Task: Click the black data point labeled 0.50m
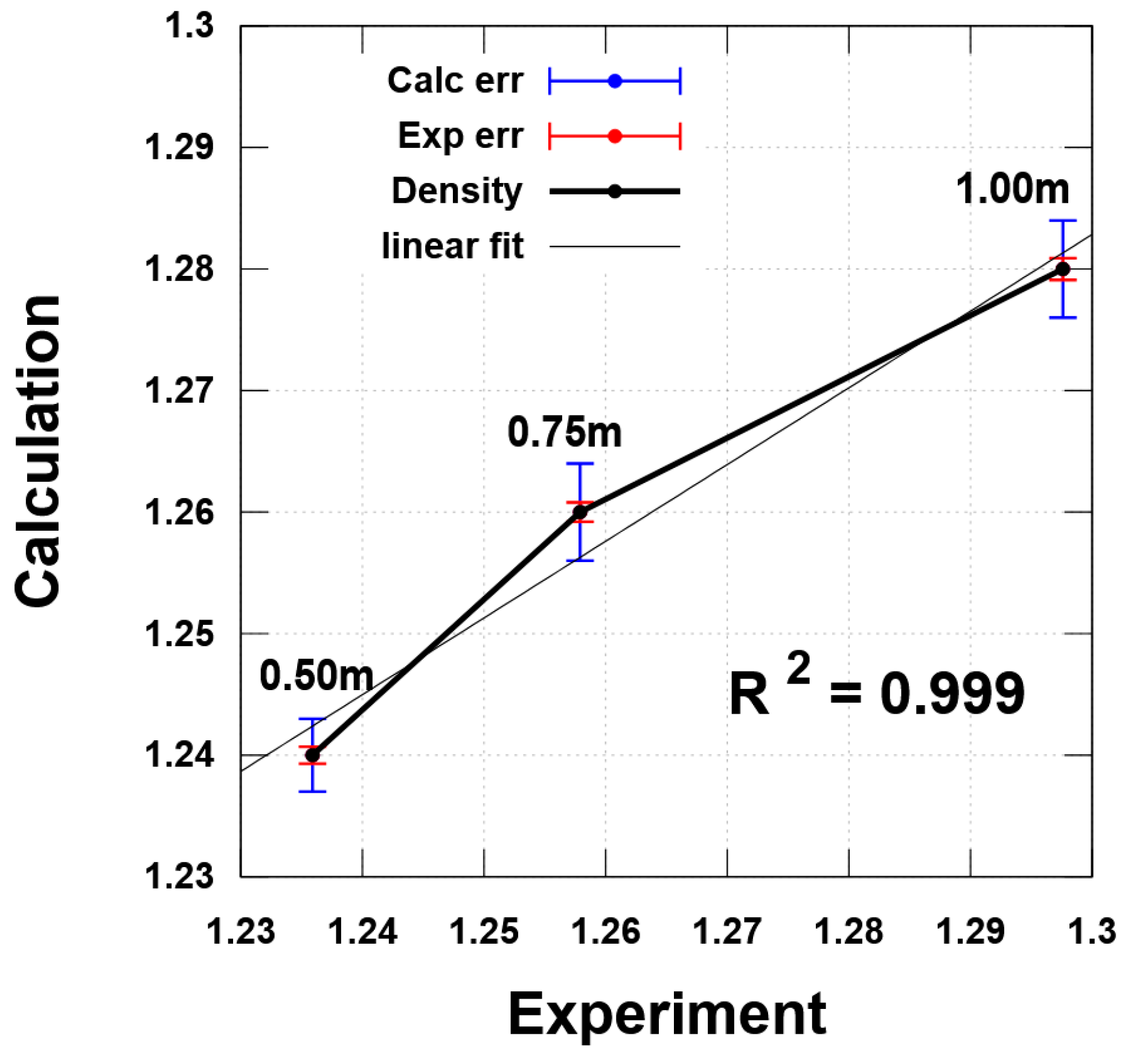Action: coord(312,755)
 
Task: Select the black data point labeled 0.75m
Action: coord(580,512)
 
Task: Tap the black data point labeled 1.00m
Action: coord(1063,269)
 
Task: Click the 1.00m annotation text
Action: coord(1012,188)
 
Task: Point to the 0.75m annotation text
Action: coord(564,432)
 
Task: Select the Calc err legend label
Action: coord(455,80)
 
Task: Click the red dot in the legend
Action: coord(615,136)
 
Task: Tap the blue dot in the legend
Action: coord(615,81)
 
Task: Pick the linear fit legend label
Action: coord(452,246)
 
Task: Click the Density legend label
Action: coord(457,191)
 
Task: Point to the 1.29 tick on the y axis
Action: coord(179,147)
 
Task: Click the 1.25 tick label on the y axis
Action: coord(179,634)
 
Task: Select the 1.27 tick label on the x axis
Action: coord(726,930)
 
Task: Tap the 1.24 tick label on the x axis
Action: coord(362,930)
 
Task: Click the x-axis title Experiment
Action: coord(667,1014)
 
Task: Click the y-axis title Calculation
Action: coord(37,450)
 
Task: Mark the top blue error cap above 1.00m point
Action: coord(1063,221)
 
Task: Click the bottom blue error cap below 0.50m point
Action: coord(312,791)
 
